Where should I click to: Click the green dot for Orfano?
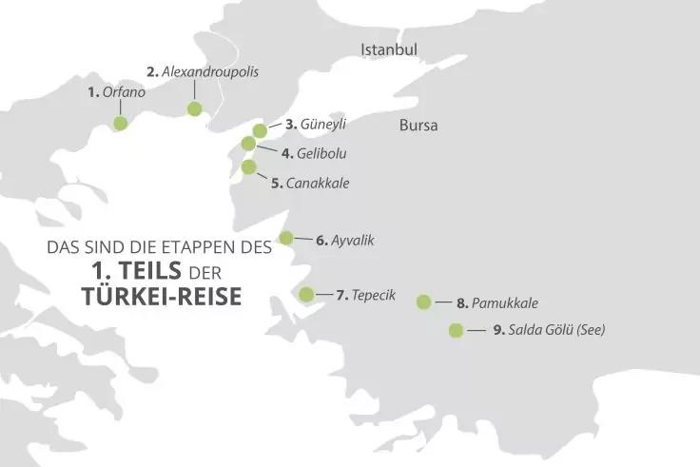120,123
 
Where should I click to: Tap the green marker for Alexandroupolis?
195,108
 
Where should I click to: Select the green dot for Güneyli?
260,130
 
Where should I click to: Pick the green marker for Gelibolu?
249,144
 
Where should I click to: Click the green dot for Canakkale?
249,167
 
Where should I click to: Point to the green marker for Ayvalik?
286,238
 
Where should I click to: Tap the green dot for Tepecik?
306,294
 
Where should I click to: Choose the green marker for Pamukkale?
424,302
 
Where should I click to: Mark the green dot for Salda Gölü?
456,331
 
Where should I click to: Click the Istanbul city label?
389,49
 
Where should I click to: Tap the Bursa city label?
418,126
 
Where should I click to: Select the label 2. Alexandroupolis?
203,71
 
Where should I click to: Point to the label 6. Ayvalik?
345,241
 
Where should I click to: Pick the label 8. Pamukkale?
497,303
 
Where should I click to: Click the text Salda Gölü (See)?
557,331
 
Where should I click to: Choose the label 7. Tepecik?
366,296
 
